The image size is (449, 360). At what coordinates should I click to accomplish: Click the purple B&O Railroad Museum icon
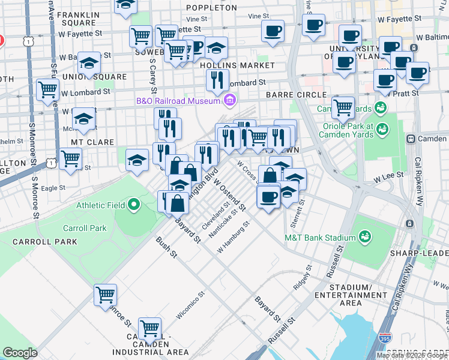tap(229, 100)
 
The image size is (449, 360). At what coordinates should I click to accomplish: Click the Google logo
tap(20, 353)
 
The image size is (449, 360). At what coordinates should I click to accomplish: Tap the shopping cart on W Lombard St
tap(47, 90)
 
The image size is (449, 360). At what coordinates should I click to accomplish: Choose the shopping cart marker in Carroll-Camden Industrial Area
tap(149, 328)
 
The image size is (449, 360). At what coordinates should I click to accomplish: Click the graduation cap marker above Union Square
tap(89, 64)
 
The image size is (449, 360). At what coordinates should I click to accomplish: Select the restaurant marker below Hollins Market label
tap(217, 79)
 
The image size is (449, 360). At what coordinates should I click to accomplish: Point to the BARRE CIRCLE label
tap(296, 95)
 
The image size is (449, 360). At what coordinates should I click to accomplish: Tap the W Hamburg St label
tap(233, 239)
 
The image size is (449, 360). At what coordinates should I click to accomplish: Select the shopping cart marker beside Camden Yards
tap(343, 107)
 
